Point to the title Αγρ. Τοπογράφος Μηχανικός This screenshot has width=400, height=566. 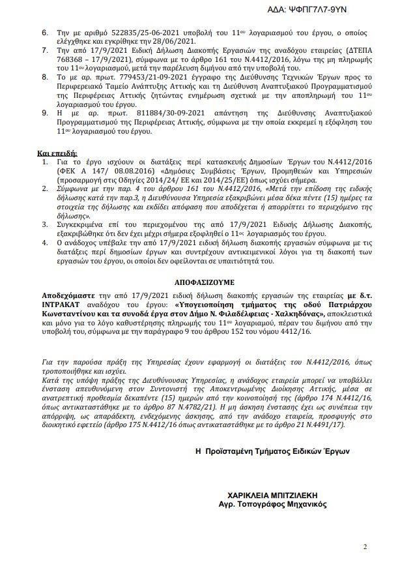tap(273, 504)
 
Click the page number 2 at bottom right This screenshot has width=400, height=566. tap(365, 546)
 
